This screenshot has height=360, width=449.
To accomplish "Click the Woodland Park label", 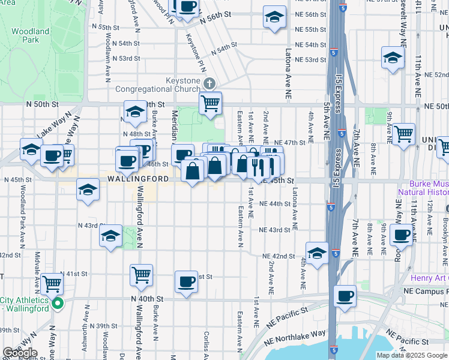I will tap(29, 35).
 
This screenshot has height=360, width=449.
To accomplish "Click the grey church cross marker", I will tap(209, 83).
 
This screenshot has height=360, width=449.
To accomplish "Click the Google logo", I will tap(20, 353).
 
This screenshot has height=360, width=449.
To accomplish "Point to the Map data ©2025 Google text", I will tap(412, 355).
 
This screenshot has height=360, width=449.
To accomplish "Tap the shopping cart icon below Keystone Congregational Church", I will tap(211, 103).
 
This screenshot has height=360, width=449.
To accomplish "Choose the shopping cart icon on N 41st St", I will tap(141, 275).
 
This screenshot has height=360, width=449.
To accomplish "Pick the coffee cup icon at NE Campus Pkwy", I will tap(345, 296).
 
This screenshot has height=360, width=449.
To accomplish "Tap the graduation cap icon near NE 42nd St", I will tap(317, 252).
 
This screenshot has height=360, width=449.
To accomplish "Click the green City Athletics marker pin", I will tap(57, 304).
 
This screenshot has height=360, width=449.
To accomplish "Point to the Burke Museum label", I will tap(429, 188).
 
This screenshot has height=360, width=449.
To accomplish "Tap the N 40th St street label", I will tap(148, 299).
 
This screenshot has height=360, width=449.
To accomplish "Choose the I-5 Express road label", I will tap(338, 93).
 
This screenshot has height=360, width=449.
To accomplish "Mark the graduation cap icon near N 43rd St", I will tap(111, 236).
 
